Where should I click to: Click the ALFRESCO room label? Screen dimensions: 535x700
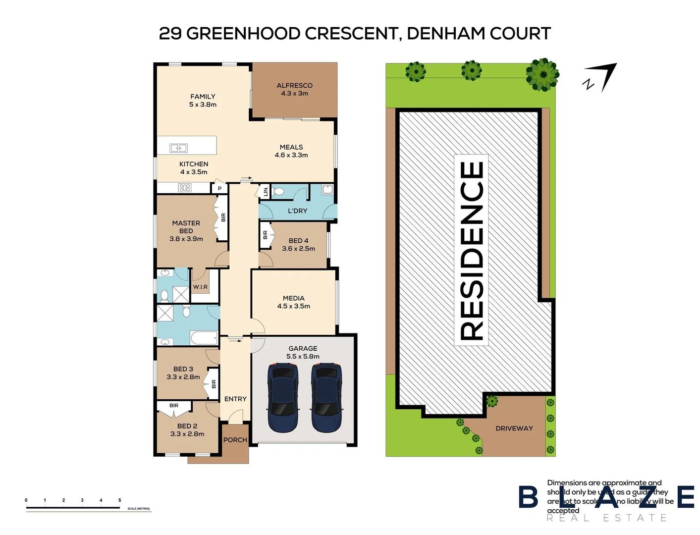click(x=294, y=86)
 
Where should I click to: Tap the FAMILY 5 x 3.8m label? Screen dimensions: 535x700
click(x=203, y=101)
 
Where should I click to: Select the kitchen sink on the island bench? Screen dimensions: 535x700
click(x=178, y=148)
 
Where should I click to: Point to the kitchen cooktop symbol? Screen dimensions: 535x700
click(x=185, y=188)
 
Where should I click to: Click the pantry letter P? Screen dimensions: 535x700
click(x=219, y=189)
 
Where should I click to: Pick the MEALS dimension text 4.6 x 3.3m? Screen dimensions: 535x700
click(x=291, y=155)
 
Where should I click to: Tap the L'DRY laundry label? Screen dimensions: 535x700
click(x=297, y=211)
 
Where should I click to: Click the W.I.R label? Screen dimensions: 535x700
click(x=200, y=287)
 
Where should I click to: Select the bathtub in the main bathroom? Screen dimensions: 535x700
click(x=204, y=338)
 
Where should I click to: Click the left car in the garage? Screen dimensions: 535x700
click(x=283, y=397)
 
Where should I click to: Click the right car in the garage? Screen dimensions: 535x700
click(x=326, y=397)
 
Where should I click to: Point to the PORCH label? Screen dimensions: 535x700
click(x=235, y=440)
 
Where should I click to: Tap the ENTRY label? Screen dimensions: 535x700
click(x=235, y=399)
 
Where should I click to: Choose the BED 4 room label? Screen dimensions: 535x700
click(x=298, y=241)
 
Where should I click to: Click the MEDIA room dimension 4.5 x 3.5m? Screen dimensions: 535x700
click(x=293, y=306)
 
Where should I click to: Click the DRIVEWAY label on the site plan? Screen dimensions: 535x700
click(x=514, y=428)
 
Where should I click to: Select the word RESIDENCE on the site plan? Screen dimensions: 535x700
click(x=472, y=250)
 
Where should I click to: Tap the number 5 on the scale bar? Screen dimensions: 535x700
click(x=119, y=500)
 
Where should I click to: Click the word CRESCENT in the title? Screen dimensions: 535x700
click(x=351, y=34)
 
